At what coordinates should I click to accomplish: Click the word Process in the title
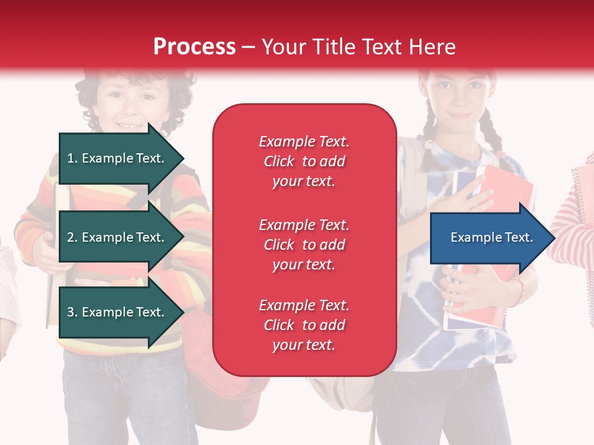click(x=194, y=47)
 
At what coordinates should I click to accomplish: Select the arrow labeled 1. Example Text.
click(x=118, y=158)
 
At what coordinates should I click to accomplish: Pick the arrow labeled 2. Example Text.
click(x=118, y=237)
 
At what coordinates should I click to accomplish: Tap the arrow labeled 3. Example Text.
click(x=118, y=312)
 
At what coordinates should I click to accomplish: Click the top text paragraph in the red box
click(x=304, y=161)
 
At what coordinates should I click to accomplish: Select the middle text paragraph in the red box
click(x=304, y=245)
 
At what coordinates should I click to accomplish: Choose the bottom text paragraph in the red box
click(x=304, y=325)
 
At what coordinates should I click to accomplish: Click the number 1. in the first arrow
click(x=72, y=158)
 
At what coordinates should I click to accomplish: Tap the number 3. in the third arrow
click(x=72, y=312)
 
